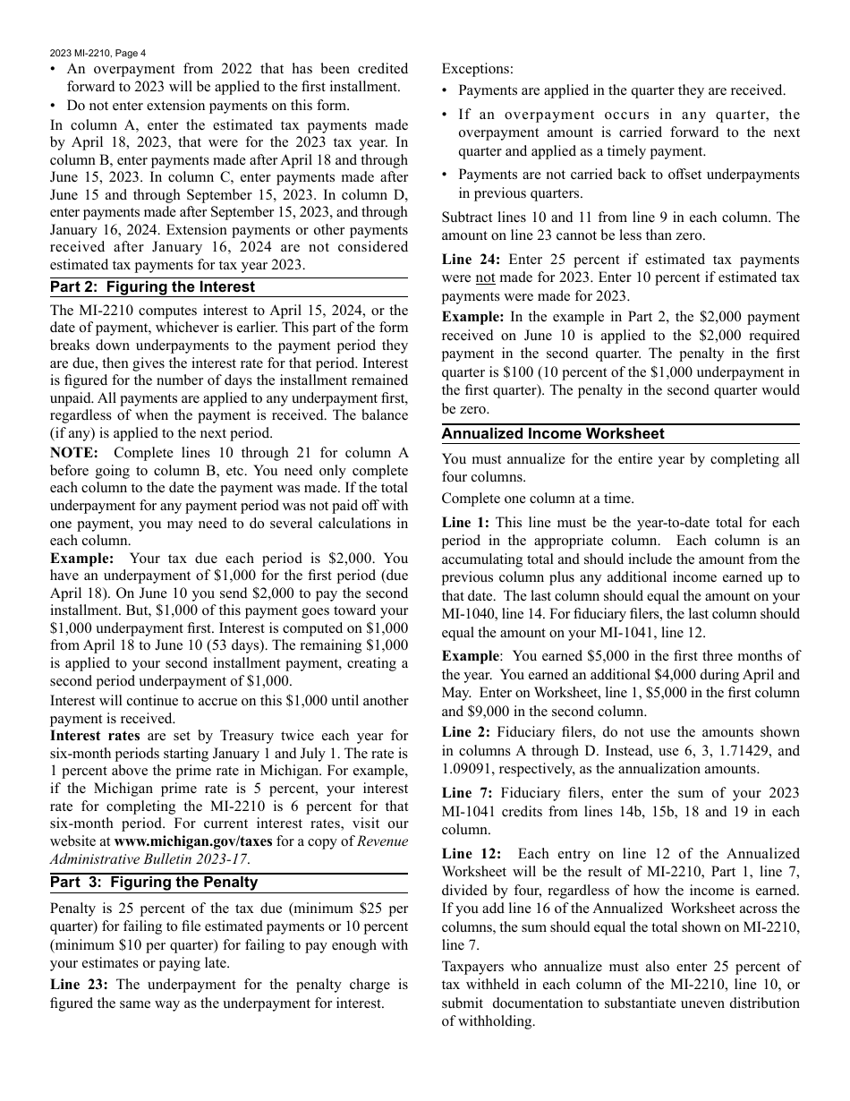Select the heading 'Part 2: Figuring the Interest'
click(152, 287)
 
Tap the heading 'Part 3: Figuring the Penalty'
click(154, 882)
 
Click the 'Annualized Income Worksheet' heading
click(552, 434)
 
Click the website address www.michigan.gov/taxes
click(188, 841)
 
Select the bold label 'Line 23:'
click(80, 985)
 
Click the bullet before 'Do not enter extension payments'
click(55, 106)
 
